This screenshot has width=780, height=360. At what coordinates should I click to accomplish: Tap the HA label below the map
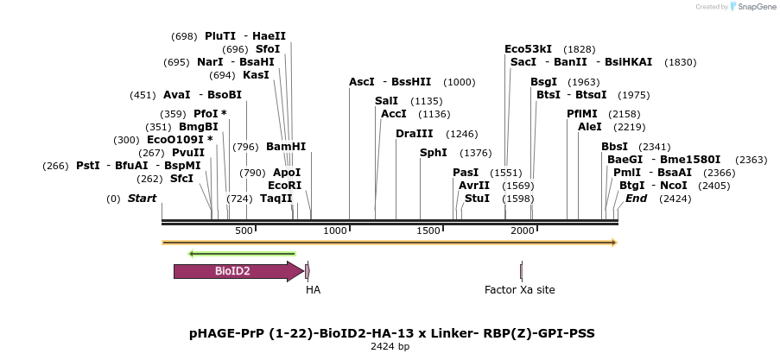coord(313,290)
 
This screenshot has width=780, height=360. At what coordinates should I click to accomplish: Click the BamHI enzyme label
coord(286,147)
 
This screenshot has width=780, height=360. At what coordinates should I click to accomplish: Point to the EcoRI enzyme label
coord(284,186)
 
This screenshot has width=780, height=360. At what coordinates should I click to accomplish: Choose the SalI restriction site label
coord(386,101)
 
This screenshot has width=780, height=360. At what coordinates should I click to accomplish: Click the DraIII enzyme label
coord(414,134)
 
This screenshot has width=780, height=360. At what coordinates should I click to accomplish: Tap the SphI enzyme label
coord(433,153)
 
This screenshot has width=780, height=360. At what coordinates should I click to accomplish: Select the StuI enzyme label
coord(477,199)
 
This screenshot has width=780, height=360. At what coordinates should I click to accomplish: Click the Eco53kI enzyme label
coord(528,49)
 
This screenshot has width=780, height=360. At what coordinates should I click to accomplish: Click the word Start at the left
coord(142,199)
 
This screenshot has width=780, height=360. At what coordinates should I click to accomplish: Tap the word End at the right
coord(636,199)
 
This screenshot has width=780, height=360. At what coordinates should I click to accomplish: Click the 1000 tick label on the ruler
coord(334,231)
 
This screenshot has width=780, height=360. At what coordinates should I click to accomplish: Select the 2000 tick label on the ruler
coord(522,231)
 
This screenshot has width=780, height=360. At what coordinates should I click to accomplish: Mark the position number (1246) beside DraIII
coord(461,134)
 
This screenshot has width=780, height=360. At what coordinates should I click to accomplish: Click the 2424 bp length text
coord(390,346)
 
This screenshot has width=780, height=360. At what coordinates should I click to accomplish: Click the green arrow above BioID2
coord(243,254)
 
